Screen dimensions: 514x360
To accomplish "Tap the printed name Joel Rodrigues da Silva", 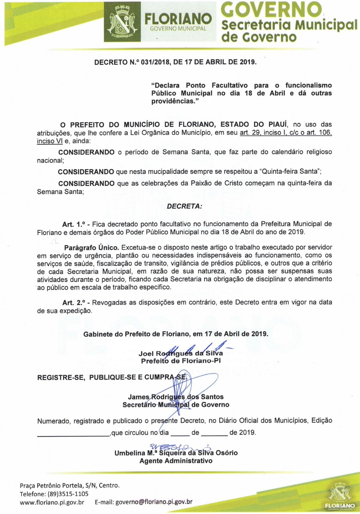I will click(x=181, y=354).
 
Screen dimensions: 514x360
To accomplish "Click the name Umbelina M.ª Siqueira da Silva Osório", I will click(x=176, y=453).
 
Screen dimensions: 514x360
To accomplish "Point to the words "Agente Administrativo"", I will click(x=176, y=461).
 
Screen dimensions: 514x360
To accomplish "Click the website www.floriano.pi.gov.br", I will click(x=52, y=502).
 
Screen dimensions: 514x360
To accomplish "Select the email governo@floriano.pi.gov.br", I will click(x=154, y=502).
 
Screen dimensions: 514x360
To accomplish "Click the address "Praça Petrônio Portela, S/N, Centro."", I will click(x=70, y=485).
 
